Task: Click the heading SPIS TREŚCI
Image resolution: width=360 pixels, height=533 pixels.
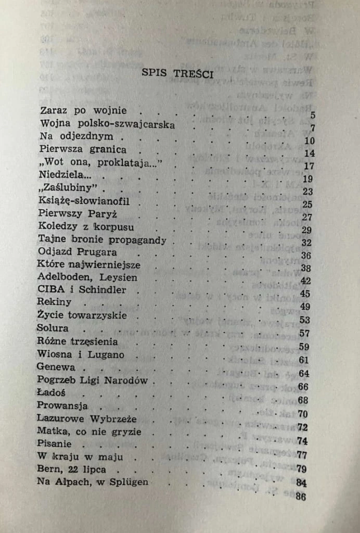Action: [x=177, y=73]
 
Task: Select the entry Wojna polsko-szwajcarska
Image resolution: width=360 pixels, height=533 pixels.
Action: [x=107, y=124]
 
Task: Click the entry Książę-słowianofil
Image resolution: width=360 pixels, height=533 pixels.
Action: [x=83, y=201]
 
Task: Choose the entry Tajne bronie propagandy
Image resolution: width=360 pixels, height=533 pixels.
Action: [x=102, y=240]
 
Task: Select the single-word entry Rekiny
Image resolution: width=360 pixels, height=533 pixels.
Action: [x=54, y=302]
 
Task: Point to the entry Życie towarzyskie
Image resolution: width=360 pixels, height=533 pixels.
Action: [x=82, y=315]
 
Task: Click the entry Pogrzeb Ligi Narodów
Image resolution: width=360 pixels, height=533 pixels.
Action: [x=93, y=380]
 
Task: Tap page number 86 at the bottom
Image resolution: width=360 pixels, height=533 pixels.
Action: [x=301, y=496]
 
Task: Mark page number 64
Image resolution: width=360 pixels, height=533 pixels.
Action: [x=304, y=374]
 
